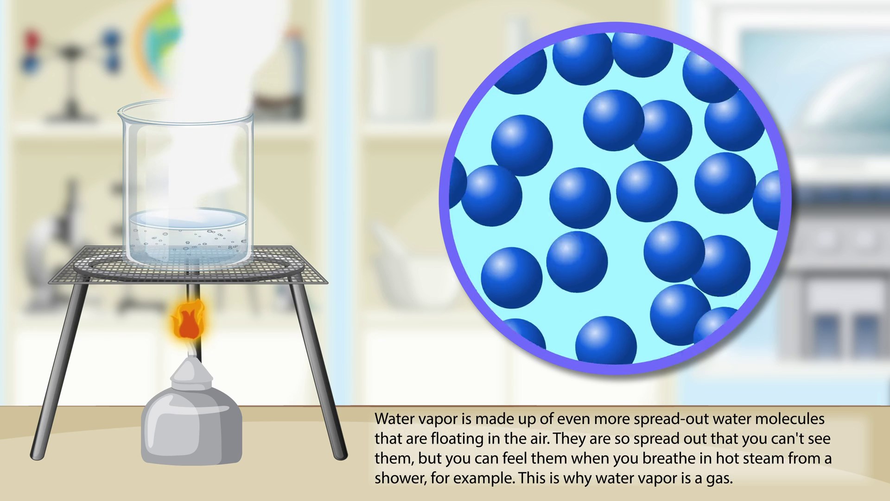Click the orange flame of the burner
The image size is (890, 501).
click(x=188, y=321)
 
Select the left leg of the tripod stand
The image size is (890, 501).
click(x=59, y=371)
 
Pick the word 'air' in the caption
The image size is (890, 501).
click(x=539, y=439)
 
